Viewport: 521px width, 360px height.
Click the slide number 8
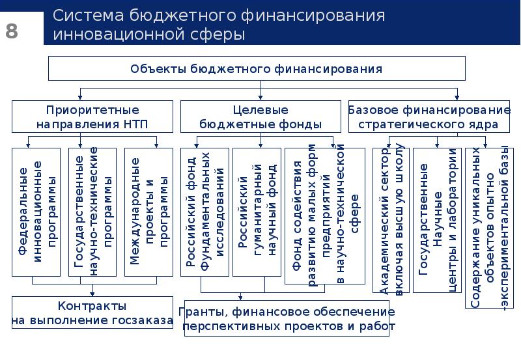[12, 31]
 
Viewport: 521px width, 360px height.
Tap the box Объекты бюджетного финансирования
[257, 68]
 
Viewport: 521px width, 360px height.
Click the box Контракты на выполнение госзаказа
[92, 312]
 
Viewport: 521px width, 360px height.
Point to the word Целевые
[260, 110]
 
